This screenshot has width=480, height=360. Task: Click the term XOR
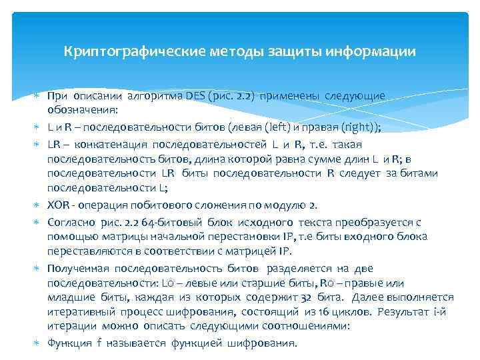pos(58,204)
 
